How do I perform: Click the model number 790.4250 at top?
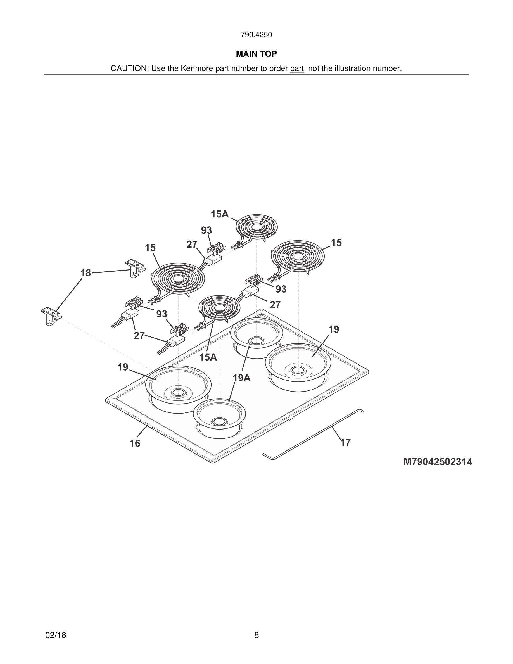pyautogui.click(x=256, y=35)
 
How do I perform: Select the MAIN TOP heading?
pyautogui.click(x=256, y=54)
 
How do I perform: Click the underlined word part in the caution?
pyautogui.click(x=297, y=69)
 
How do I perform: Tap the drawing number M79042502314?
pyautogui.click(x=438, y=462)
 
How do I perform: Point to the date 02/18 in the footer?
pyautogui.click(x=56, y=635)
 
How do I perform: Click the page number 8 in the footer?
pyautogui.click(x=256, y=635)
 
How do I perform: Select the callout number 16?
pyautogui.click(x=135, y=444)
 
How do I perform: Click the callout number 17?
pyautogui.click(x=345, y=442)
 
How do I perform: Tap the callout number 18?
pyautogui.click(x=86, y=273)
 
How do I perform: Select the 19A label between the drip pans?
pyautogui.click(x=242, y=378)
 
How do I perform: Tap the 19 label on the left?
pyautogui.click(x=123, y=367)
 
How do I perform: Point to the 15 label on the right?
pyautogui.click(x=336, y=243)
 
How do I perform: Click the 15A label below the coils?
pyautogui.click(x=208, y=357)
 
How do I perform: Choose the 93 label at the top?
pyautogui.click(x=206, y=230)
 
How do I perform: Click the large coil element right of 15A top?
pyautogui.click(x=298, y=256)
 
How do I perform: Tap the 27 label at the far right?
pyautogui.click(x=275, y=305)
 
